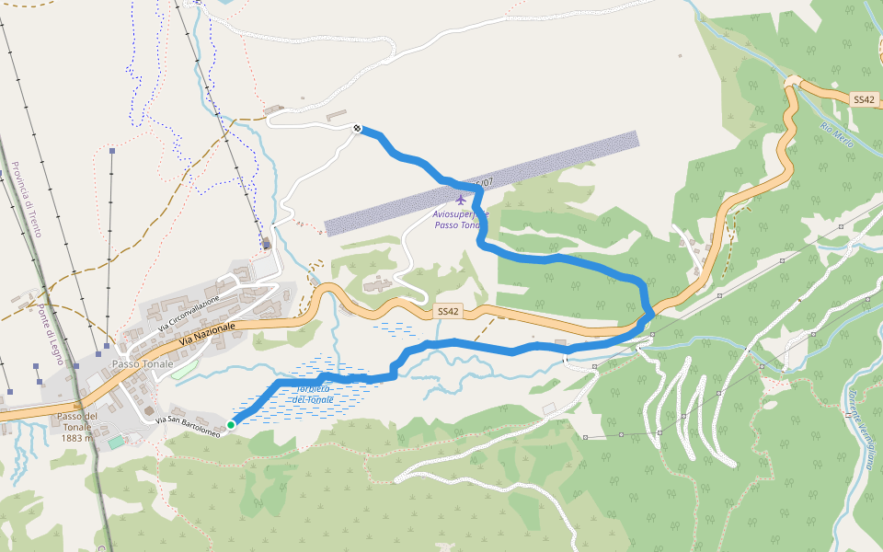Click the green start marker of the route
click(x=231, y=425)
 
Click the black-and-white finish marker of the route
click(x=357, y=129)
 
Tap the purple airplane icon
click(x=461, y=200)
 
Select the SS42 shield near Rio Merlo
click(x=863, y=98)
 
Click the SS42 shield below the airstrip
click(x=447, y=312)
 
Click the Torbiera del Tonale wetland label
click(x=313, y=394)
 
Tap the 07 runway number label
click(x=485, y=183)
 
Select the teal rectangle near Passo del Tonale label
click(x=115, y=443)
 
